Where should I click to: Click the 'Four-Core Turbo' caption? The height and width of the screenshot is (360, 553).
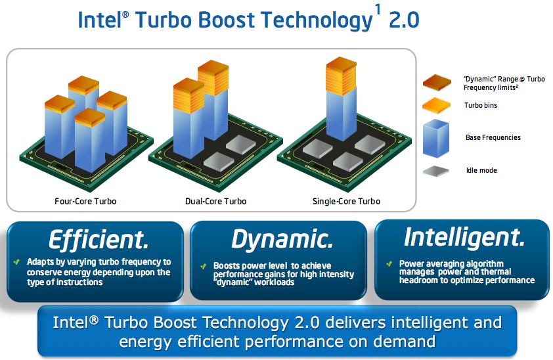(x=85, y=201)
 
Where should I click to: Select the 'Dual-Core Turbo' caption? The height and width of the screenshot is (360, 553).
(x=216, y=201)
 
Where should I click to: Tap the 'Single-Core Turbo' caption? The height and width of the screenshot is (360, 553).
(x=346, y=201)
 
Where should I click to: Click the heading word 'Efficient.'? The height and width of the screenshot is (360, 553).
(x=99, y=240)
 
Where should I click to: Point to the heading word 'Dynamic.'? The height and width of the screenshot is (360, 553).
(x=282, y=240)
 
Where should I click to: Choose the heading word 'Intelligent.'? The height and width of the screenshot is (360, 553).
(x=464, y=238)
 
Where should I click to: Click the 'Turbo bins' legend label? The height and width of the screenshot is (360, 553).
(x=481, y=105)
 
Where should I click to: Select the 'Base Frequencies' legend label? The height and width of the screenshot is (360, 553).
(x=493, y=137)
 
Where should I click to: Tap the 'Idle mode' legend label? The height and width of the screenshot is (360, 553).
(x=482, y=170)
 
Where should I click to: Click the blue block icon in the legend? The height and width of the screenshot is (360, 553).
(x=436, y=138)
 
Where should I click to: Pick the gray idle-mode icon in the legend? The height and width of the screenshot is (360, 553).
(x=436, y=171)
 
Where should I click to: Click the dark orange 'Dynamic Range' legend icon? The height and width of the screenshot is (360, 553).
(x=437, y=83)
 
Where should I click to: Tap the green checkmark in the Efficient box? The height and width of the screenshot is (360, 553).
(x=16, y=262)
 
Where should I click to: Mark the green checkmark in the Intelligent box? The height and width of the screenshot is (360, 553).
(x=389, y=263)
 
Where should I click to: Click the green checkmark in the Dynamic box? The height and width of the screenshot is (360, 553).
(x=203, y=266)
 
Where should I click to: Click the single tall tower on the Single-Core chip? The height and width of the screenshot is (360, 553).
(x=341, y=99)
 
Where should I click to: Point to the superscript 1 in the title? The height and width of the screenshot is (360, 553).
(x=378, y=9)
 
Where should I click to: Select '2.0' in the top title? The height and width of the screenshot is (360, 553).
(x=404, y=20)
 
